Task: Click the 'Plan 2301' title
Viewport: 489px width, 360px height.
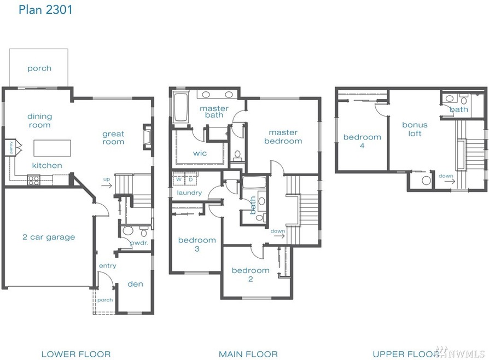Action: [x=45, y=10]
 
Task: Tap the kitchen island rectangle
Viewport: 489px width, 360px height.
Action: [x=52, y=148]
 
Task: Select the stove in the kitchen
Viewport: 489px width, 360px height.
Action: [x=34, y=180]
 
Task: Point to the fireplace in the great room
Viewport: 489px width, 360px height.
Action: [x=148, y=137]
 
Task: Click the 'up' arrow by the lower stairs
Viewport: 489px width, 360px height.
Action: [x=106, y=186]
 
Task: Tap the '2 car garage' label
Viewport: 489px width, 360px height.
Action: [x=49, y=237]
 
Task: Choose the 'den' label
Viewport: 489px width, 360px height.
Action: [x=135, y=284]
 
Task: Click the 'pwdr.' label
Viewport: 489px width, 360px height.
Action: [x=139, y=243]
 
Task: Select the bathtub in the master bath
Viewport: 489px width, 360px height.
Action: [x=181, y=107]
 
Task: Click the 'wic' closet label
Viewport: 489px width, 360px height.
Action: [x=200, y=153]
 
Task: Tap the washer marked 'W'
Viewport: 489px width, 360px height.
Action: [x=179, y=179]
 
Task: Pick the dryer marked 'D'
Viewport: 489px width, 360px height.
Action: [x=190, y=179]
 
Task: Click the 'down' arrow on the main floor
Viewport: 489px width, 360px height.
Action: [x=279, y=235]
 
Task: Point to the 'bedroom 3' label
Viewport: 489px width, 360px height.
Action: [x=197, y=244]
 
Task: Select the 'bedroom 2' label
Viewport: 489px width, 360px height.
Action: [x=251, y=275]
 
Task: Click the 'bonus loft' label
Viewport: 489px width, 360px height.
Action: [x=415, y=129]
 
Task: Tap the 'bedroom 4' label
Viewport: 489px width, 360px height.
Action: [x=362, y=141]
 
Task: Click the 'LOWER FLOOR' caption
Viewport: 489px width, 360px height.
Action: [x=76, y=354]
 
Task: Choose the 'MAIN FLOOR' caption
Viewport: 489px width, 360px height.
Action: [x=248, y=354]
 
